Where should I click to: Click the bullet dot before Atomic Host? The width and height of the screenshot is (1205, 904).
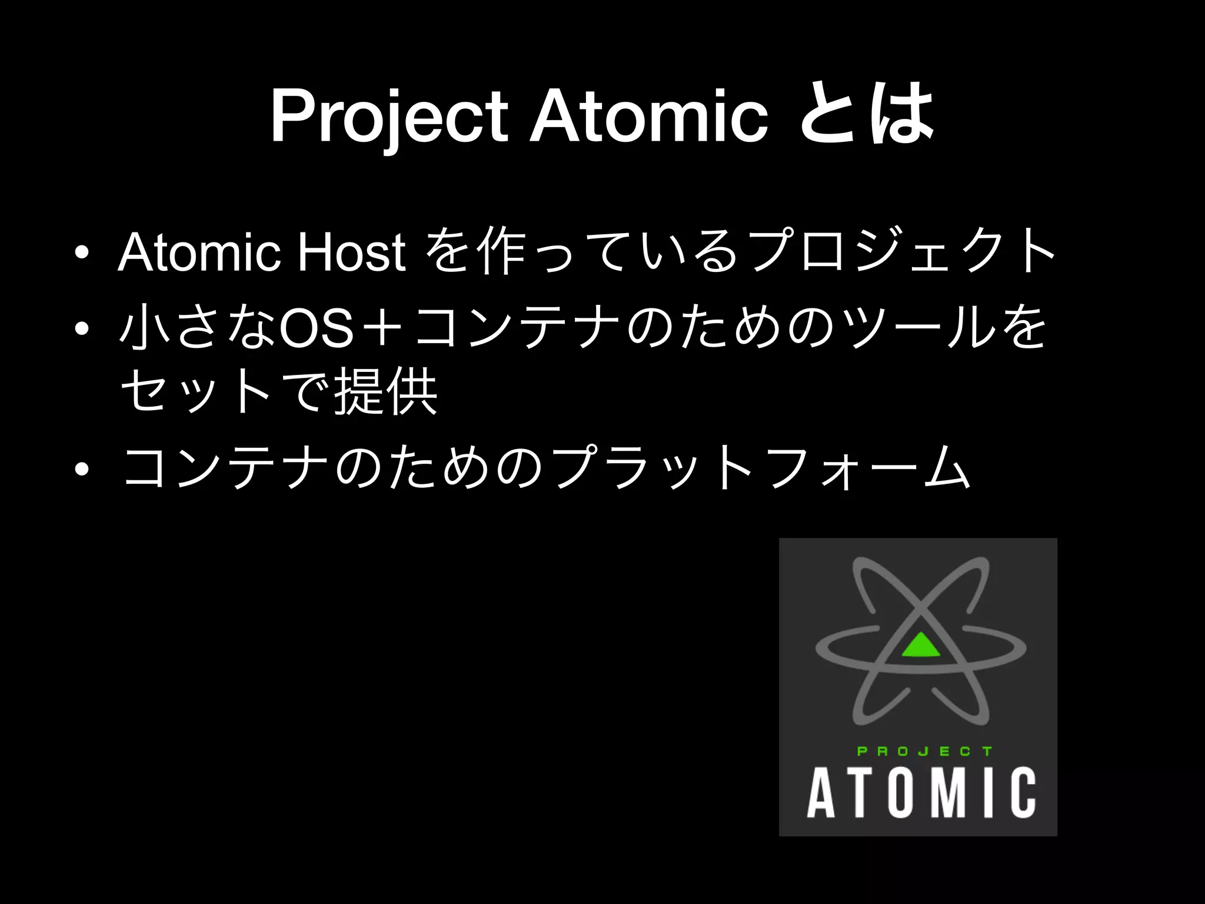[82, 254]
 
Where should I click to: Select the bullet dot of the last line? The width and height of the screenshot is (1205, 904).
[82, 469]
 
